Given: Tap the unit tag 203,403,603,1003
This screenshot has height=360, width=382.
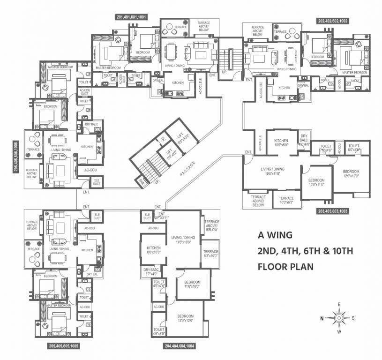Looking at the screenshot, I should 339,211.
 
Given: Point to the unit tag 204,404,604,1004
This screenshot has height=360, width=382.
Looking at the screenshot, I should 180,346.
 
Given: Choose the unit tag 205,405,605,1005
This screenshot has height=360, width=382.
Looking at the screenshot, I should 63,346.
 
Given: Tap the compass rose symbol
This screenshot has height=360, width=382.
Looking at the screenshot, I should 338,317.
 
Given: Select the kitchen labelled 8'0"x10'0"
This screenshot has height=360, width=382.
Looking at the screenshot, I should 154,250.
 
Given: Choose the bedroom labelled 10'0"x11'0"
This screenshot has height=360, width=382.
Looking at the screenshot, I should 316,183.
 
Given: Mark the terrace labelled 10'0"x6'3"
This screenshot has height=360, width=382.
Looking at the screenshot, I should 286,200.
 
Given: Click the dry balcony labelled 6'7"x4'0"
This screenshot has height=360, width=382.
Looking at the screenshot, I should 151,271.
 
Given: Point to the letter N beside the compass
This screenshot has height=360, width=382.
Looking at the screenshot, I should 322,318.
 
